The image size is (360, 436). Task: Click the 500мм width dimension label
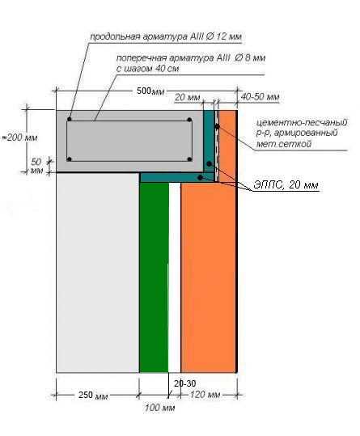pyautogui.click(x=150, y=91)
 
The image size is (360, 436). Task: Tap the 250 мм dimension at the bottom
pyautogui.click(x=93, y=395)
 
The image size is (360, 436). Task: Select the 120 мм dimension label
pyautogui.click(x=205, y=395)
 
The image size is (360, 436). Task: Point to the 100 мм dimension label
pyautogui.click(x=159, y=408)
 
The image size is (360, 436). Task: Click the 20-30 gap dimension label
pyautogui.click(x=185, y=383)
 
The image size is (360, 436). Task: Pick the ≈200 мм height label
pyautogui.click(x=19, y=138)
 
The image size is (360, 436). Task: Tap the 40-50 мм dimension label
pyautogui.click(x=260, y=97)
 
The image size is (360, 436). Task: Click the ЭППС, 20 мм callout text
pyautogui.click(x=286, y=185)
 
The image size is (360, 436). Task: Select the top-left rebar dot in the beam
pyautogui.click(x=70, y=119)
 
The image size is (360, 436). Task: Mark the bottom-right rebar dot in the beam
pyautogui.click(x=189, y=159)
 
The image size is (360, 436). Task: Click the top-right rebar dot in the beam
pyautogui.click(x=189, y=120)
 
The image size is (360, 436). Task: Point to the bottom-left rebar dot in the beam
pyautogui.click(x=70, y=159)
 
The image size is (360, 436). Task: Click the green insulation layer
pyautogui.click(x=154, y=277)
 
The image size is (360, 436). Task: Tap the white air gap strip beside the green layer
pyautogui.click(x=175, y=277)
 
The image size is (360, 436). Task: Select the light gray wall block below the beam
pyautogui.click(x=98, y=273)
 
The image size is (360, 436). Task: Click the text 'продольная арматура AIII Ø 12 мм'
pyautogui.click(x=166, y=36)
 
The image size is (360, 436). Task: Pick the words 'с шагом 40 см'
pyautogui.click(x=147, y=69)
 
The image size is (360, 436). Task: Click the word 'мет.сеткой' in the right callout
pyautogui.click(x=284, y=144)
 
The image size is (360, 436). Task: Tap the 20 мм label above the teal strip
pyautogui.click(x=188, y=97)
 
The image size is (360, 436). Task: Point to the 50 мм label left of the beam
pyautogui.click(x=36, y=166)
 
